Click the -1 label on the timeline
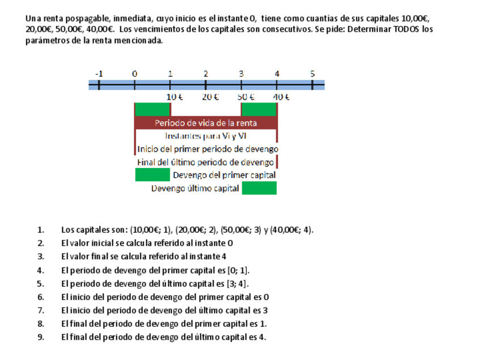coord(99,74)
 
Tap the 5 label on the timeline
coord(312,74)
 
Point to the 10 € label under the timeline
coord(175,97)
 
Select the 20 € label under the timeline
coord(211,97)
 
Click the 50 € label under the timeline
coord(246,97)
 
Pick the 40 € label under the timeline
coord(281,97)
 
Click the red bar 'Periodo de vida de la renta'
coord(206,123)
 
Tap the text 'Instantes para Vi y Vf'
coord(206,136)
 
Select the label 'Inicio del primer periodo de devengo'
coord(208,149)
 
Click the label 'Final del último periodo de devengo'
coord(205,162)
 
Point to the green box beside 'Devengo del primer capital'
coord(152,175)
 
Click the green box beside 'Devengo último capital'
coord(259,188)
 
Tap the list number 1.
coord(41,230)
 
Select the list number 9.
coord(41,337)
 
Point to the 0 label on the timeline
coord(135,74)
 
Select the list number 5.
coord(41,284)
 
